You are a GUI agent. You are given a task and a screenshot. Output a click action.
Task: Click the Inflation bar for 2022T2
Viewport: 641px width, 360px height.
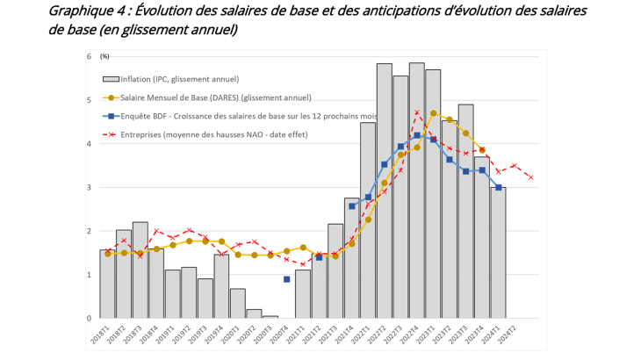384,193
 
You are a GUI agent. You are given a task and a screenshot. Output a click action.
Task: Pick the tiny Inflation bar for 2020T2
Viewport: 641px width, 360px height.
254,313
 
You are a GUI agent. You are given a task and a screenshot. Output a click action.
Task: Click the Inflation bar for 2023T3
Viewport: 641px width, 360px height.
465,211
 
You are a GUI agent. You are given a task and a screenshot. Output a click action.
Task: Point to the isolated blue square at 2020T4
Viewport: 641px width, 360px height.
286,279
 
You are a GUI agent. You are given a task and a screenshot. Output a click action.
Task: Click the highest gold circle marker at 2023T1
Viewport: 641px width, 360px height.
433,113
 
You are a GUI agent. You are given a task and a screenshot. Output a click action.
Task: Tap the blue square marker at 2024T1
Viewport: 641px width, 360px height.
498,187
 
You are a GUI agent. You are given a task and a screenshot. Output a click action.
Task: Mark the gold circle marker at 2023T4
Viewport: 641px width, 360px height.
482,150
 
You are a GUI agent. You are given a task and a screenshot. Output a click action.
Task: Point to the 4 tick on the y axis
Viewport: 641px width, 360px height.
88,144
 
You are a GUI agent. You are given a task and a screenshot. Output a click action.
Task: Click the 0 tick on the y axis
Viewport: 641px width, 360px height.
88,319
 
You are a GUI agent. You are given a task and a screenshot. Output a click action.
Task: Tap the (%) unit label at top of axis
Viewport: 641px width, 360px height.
104,56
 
